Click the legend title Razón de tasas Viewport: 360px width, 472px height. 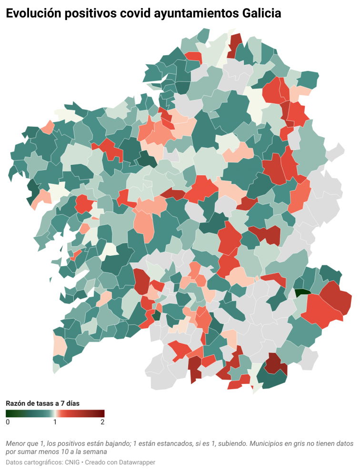42,403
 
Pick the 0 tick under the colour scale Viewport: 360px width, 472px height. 8,422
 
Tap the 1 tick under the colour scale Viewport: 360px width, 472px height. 55,422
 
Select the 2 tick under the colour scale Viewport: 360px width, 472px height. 102,422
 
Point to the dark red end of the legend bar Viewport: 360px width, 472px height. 102,413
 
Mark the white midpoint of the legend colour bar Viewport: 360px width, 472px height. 55,413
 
